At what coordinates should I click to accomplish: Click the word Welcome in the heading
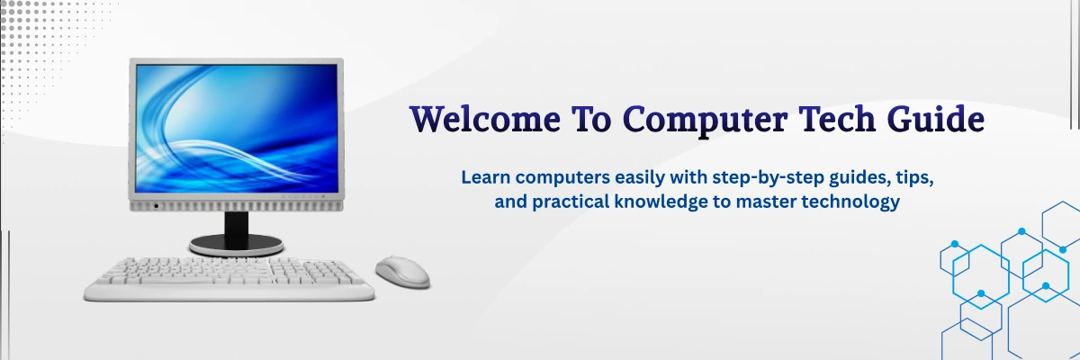pyautogui.click(x=484, y=119)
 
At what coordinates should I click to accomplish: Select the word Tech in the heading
pyautogui.click(x=837, y=118)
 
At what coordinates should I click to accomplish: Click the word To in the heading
pyautogui.click(x=591, y=119)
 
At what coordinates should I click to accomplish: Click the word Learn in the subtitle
pyautogui.click(x=485, y=177)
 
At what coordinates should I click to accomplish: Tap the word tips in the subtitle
pyautogui.click(x=914, y=178)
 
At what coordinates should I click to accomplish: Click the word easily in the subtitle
pyautogui.click(x=640, y=178)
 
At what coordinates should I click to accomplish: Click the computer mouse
pyautogui.click(x=402, y=273)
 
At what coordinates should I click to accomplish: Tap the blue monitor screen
pyautogui.click(x=237, y=128)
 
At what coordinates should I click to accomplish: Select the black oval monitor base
pyautogui.click(x=236, y=245)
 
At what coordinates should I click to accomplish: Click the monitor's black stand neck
pyautogui.click(x=236, y=224)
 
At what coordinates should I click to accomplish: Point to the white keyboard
pyautogui.click(x=229, y=280)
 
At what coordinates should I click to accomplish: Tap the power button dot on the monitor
pyautogui.click(x=156, y=206)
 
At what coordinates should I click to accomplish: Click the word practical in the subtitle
pyautogui.click(x=571, y=202)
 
